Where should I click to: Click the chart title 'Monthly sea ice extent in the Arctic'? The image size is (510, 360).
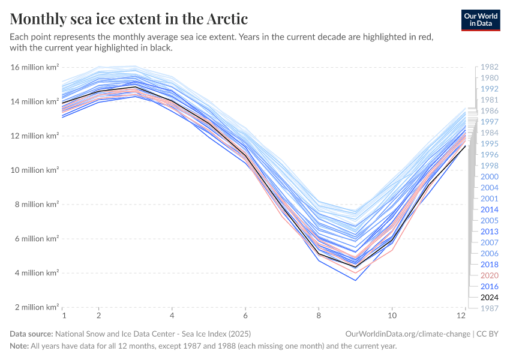pyautogui.click(x=129, y=18)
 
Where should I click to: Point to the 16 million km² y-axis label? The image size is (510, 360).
pyautogui.click(x=35, y=67)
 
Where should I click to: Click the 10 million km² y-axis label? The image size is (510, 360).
pyautogui.click(x=35, y=170)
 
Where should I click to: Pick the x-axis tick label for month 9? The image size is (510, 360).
pyautogui.click(x=356, y=315)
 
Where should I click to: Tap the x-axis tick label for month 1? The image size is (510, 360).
pyautogui.click(x=63, y=315)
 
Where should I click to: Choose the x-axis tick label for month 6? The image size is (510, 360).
pyautogui.click(x=245, y=315)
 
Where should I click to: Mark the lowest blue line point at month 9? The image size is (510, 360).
pyautogui.click(x=356, y=280)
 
